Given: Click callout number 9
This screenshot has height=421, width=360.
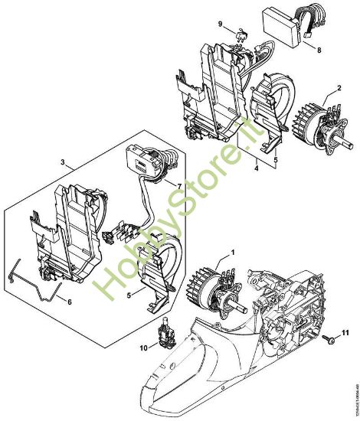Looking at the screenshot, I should tap(221, 23).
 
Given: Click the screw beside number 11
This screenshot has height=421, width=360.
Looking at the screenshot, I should tap(327, 337).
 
